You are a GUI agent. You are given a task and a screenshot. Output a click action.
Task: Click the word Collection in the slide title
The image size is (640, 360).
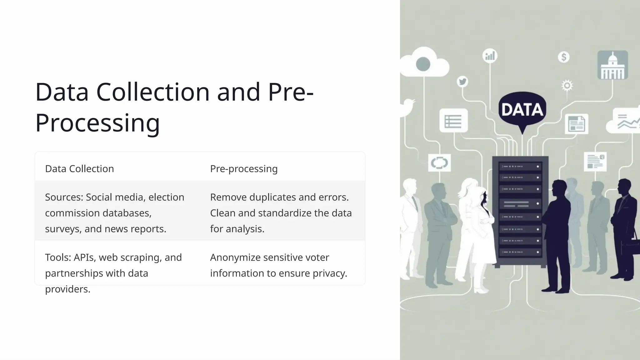[x=153, y=92]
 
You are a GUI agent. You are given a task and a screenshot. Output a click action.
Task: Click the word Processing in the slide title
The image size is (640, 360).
[x=97, y=123]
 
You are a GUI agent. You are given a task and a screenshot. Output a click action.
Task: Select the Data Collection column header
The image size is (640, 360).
[x=79, y=169]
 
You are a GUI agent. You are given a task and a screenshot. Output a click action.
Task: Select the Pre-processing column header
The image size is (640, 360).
[x=244, y=169]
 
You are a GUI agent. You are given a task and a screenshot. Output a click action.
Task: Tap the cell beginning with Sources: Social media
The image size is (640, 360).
[x=115, y=213]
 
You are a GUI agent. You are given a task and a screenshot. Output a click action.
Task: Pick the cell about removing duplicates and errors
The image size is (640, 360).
[x=281, y=213]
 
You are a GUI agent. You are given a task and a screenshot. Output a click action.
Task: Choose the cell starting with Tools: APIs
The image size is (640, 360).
[x=113, y=273]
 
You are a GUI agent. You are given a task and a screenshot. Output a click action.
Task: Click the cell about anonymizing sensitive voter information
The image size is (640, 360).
[x=278, y=265]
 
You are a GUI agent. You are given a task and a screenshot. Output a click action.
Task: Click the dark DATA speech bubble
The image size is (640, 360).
[x=522, y=109]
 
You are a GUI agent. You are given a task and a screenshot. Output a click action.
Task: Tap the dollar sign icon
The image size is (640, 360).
[x=564, y=57]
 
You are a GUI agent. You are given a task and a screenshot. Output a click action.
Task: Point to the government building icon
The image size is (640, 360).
[x=612, y=65]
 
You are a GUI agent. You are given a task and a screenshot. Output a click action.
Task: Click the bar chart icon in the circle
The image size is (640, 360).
[x=490, y=56]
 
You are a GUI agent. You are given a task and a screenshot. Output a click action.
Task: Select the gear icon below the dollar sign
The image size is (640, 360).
[x=567, y=85]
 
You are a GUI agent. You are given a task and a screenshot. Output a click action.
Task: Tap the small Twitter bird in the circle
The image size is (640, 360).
[x=462, y=82]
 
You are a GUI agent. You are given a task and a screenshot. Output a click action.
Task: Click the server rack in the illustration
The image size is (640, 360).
[x=520, y=211]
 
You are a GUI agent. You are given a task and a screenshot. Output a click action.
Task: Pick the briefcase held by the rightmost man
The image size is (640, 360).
[x=632, y=247]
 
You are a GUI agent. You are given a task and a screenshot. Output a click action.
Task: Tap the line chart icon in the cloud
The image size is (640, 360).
[x=627, y=122]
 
